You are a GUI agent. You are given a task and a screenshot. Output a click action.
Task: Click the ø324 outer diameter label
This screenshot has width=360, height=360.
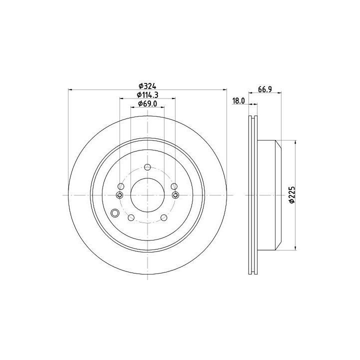147,86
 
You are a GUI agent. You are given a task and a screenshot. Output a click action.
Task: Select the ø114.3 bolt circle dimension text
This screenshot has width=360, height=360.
147,94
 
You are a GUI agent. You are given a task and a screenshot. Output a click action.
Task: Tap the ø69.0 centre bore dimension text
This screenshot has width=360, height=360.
147,104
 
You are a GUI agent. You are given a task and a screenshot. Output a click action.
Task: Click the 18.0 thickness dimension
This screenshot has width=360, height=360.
238,101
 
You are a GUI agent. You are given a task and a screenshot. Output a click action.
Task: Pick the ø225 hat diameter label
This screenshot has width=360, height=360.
291,194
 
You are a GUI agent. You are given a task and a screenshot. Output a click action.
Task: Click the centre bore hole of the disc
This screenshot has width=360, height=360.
147,195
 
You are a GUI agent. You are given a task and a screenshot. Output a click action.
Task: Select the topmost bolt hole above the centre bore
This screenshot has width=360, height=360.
147,167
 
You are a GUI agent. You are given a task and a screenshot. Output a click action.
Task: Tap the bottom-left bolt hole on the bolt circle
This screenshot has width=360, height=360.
131,217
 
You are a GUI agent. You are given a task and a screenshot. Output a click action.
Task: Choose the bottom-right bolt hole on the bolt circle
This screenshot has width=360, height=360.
163,217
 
